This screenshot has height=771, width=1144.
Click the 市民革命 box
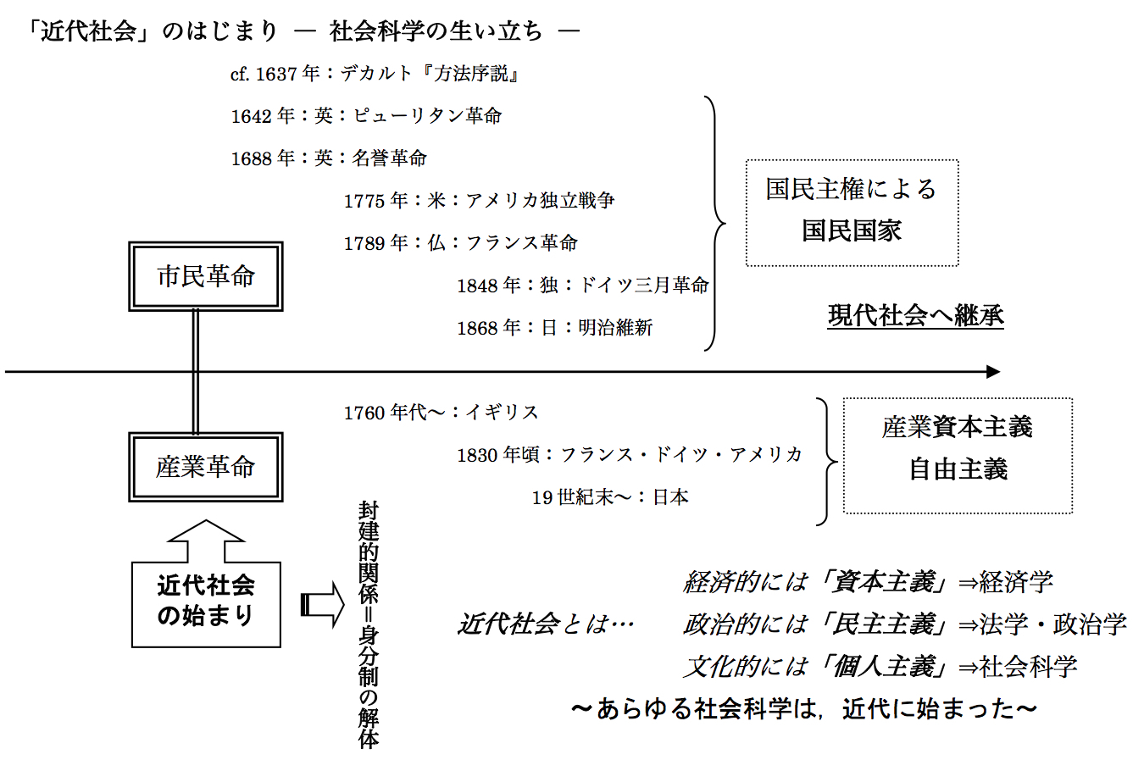coord(205,276)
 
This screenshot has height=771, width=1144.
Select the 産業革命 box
coord(205,467)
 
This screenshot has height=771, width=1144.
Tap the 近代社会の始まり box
coord(206,604)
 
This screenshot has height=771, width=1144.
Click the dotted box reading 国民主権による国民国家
coord(852,212)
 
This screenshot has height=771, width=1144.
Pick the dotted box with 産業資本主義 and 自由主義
coord(958,455)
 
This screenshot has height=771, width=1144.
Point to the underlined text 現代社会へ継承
coord(915,316)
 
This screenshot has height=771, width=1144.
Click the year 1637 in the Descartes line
coord(276,75)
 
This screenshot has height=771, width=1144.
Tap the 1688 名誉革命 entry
coord(329,158)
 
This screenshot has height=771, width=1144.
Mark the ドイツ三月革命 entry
coord(643,286)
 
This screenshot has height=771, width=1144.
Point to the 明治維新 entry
coord(615,328)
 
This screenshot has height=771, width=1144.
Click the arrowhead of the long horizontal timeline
coord(992,371)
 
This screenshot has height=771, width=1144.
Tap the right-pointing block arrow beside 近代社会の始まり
coord(323,604)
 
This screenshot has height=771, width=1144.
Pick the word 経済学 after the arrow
coord(1016,582)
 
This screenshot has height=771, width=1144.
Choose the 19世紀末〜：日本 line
coord(610,497)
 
